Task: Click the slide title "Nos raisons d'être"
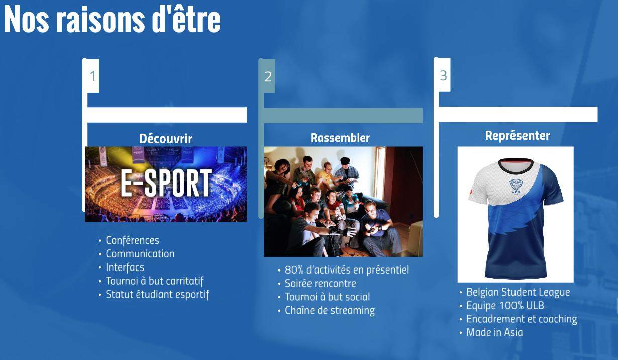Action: [x=112, y=19]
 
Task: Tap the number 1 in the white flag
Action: [x=93, y=76]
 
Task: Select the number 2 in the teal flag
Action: [x=268, y=76]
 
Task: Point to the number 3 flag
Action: [x=443, y=75]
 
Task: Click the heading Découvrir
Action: [x=166, y=138]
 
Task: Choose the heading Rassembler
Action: [x=340, y=137]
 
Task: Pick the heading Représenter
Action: [x=518, y=136]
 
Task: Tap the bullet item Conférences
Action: [x=133, y=240]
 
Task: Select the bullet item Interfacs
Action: [x=125, y=267]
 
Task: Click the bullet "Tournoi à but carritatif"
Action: [x=155, y=281]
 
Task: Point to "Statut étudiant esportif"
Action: [x=157, y=294]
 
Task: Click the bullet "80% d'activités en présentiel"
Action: [x=347, y=269]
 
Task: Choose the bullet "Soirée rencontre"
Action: [x=321, y=283]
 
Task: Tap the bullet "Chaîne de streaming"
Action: [x=330, y=310]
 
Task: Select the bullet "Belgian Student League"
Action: [x=518, y=292]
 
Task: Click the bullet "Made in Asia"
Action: [x=494, y=332]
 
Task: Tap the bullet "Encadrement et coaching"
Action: [x=522, y=319]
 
